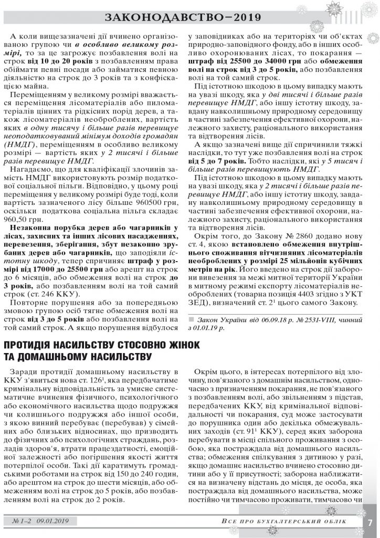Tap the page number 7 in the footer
click(x=370, y=523)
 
